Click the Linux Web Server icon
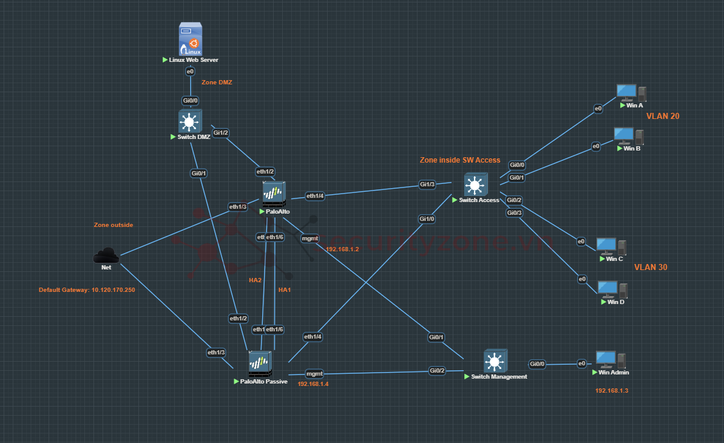[189, 39]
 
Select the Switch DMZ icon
[190, 121]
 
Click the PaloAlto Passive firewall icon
[260, 365]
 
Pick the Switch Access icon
[475, 184]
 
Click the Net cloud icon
[106, 255]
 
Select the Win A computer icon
[631, 93]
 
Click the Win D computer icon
[612, 290]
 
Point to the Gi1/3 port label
[427, 184]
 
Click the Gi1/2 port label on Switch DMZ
[221, 132]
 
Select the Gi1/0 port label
[427, 218]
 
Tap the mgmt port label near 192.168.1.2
[310, 238]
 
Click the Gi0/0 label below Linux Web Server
[190, 101]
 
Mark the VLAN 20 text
[663, 116]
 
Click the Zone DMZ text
[217, 82]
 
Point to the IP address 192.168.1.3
[612, 391]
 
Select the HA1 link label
[285, 290]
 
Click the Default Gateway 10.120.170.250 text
[87, 290]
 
